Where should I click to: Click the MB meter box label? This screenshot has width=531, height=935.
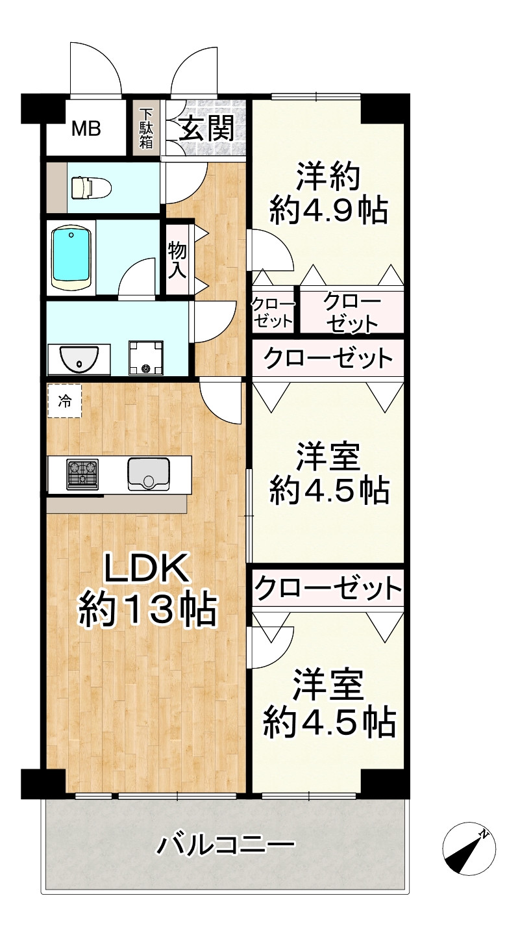86,129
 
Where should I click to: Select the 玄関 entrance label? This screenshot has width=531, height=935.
206,129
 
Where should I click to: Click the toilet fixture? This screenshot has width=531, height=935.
91,188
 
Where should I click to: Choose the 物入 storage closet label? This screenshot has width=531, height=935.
177,259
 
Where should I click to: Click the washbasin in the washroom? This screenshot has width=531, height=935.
79,359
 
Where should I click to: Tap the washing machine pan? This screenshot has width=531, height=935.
145,358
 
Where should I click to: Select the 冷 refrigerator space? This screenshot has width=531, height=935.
64,400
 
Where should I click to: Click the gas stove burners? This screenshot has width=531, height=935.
82,474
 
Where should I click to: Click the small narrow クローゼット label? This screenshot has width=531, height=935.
273,313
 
